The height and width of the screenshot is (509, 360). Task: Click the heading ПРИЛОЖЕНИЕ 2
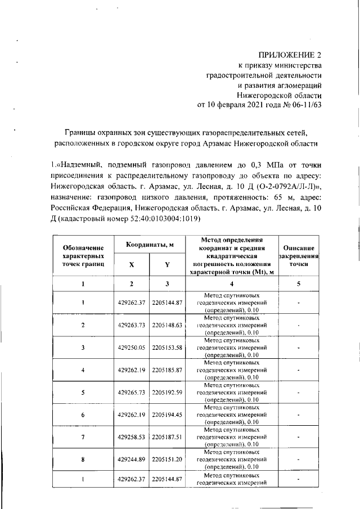(291, 55)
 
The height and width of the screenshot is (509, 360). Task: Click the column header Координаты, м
(150, 245)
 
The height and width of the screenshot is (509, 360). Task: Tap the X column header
(131, 264)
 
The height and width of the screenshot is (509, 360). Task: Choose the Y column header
(167, 264)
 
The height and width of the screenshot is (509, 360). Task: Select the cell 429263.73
(132, 325)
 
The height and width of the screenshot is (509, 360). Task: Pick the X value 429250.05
(132, 348)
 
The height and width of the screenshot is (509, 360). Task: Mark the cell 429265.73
(132, 392)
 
